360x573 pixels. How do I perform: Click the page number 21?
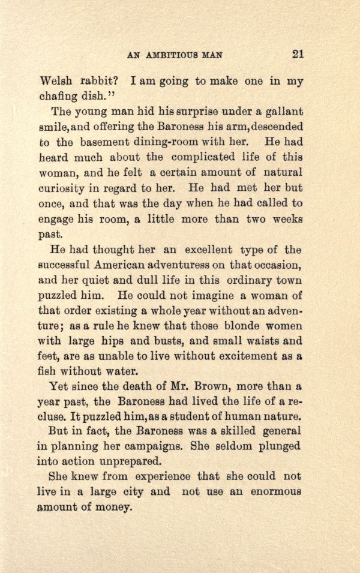point(298,53)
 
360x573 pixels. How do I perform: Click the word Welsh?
point(55,81)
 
